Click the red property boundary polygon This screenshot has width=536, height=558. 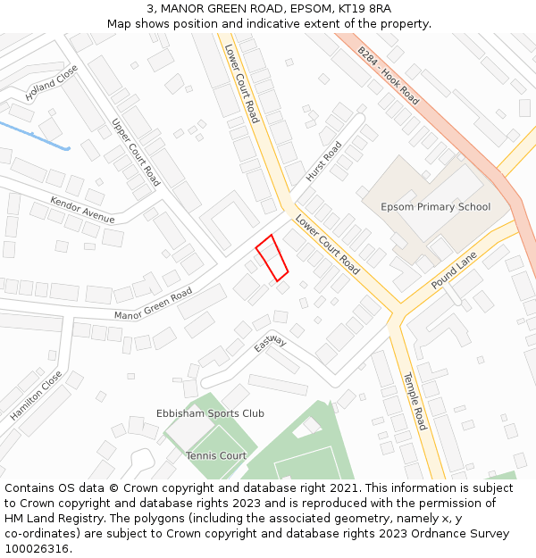point(272,257)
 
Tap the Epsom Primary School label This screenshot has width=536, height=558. point(435,207)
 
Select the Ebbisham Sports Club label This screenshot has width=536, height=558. point(210,413)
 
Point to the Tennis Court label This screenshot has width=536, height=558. point(216,455)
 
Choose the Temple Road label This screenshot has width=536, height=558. point(415,401)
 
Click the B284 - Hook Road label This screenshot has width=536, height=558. point(388,75)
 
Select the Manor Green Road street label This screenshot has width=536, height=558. point(153,304)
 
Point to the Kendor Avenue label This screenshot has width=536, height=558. point(82,210)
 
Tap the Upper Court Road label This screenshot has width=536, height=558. point(136,152)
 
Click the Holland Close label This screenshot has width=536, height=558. point(52,83)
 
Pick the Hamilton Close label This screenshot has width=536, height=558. point(36,396)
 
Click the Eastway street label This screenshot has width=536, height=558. point(270,344)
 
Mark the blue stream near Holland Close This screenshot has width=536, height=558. point(36,136)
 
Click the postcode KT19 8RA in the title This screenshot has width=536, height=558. point(364,9)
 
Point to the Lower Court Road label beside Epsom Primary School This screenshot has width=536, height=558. point(327,245)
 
